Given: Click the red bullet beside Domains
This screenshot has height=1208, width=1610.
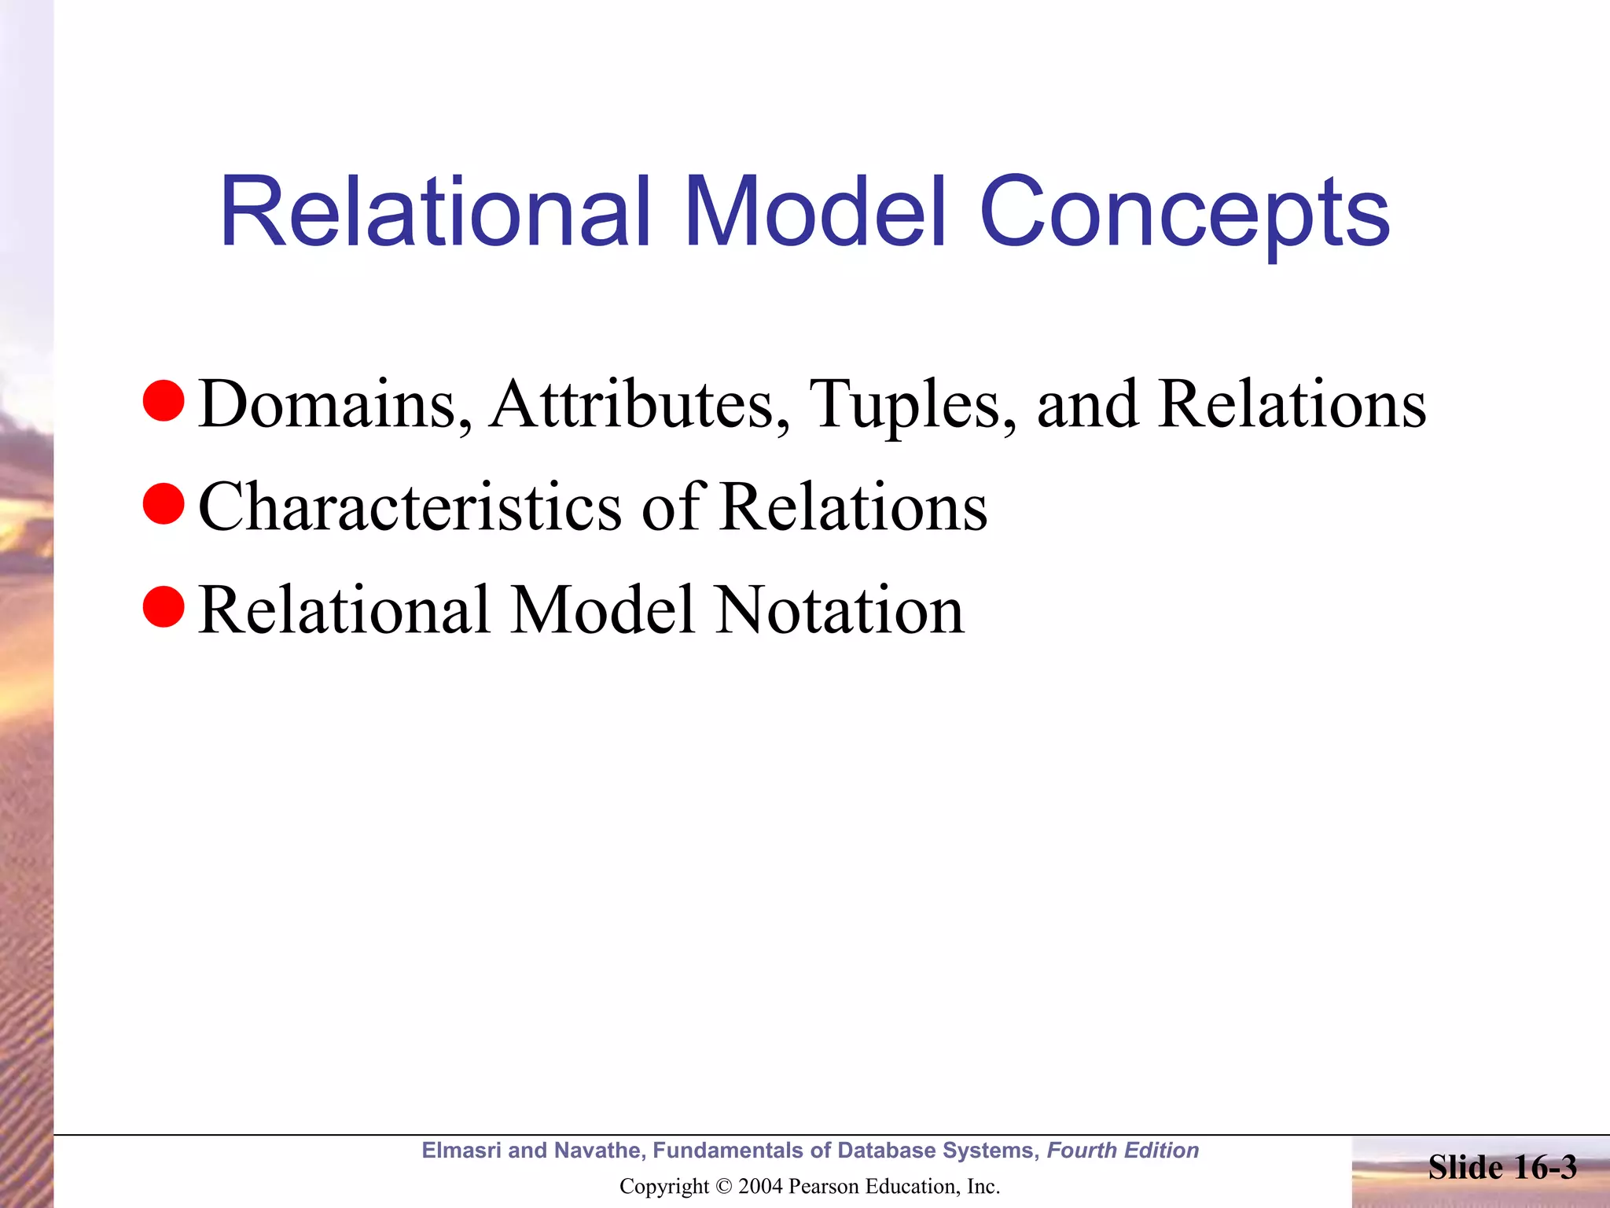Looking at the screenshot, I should pyautogui.click(x=164, y=401).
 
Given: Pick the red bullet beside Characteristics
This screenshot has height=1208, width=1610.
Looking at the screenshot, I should pyautogui.click(x=164, y=504).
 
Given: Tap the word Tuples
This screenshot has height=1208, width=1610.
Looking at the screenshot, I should pyautogui.click(x=912, y=406).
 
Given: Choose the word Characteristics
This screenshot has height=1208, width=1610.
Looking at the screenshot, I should pyautogui.click(x=410, y=507).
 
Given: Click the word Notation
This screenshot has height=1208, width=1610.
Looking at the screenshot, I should pyautogui.click(x=840, y=610).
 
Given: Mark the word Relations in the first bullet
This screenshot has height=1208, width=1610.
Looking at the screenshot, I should pyautogui.click(x=1292, y=404).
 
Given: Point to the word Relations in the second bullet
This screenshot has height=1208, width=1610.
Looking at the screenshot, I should pyautogui.click(x=854, y=507).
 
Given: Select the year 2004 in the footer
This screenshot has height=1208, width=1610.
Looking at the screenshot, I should pyautogui.click(x=760, y=1186).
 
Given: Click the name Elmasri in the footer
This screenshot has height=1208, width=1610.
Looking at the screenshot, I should pyautogui.click(x=461, y=1151).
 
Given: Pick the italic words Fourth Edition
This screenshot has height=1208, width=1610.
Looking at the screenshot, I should pyautogui.click(x=1123, y=1151).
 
